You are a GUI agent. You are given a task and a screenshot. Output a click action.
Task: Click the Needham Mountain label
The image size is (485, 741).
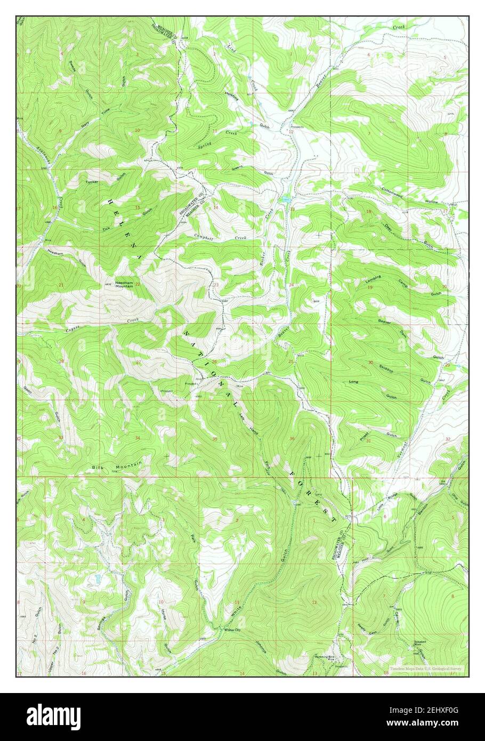[x=125, y=284]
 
